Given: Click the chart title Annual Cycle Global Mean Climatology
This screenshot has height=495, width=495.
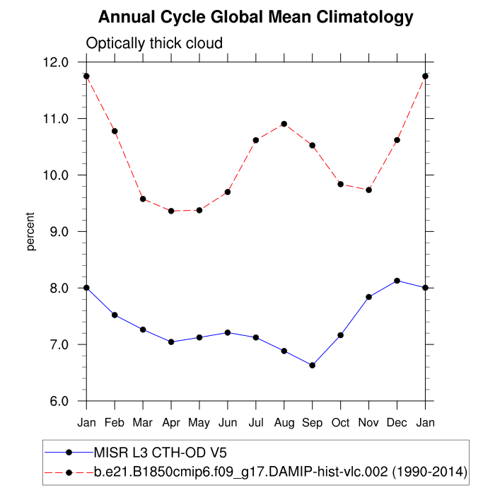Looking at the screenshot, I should coord(255,17).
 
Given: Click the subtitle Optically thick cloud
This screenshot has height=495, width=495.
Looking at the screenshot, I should coord(154,43).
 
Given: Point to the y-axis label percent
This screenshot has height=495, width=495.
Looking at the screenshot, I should coord(30,231).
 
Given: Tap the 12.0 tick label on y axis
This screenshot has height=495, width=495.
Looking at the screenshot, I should coord(55,62).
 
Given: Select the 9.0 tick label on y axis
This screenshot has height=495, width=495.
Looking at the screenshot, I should coord(55,232).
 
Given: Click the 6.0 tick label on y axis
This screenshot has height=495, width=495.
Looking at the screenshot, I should coord(55,402).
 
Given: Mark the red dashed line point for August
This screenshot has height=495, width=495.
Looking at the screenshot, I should coord(284,124).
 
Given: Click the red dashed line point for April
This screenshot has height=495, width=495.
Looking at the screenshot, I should coord(171,211).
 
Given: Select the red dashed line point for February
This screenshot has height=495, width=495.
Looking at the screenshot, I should coord(115,131).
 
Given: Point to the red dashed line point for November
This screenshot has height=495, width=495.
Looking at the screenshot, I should coord(368,190).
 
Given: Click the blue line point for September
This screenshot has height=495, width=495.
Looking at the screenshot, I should coord(312,366).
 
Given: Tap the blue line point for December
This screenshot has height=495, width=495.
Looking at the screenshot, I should coord(397,281).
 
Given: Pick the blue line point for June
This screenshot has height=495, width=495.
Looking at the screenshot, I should coord(228,332).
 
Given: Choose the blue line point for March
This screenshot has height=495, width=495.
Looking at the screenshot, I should coord(143,330).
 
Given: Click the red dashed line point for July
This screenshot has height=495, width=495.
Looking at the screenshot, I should coord(256,140).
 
